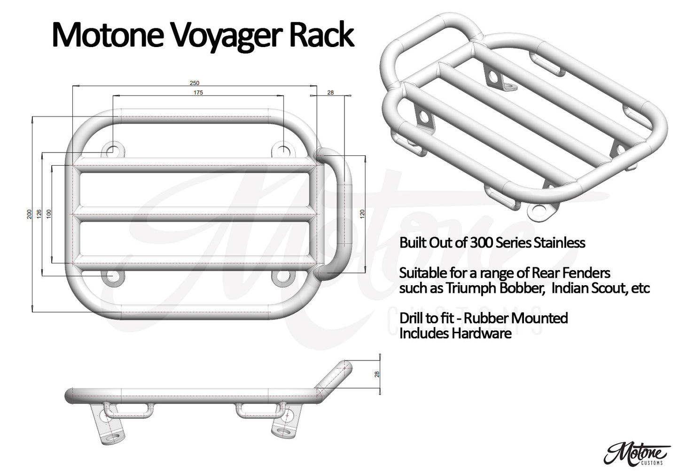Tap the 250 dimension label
[x=194, y=83]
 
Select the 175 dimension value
[x=198, y=93]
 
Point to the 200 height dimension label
[x=30, y=214]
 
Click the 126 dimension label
[x=39, y=214]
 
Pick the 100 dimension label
[x=49, y=214]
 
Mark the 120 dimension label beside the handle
[x=362, y=214]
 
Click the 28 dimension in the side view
[x=377, y=374]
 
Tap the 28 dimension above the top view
[x=330, y=93]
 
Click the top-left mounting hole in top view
[x=113, y=152]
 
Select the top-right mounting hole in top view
[x=283, y=152]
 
